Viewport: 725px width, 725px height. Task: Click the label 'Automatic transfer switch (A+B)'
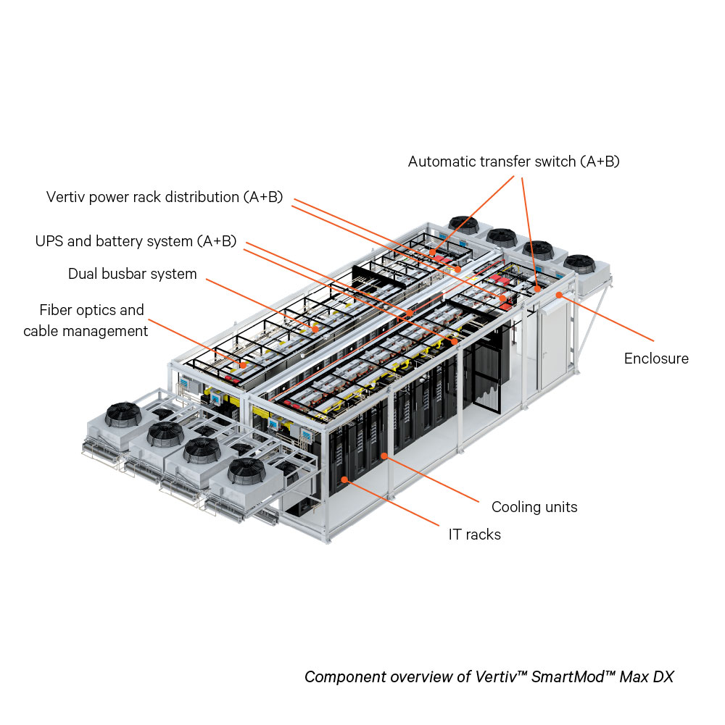coord(513,162)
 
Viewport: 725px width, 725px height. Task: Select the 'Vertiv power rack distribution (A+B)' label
coord(165,197)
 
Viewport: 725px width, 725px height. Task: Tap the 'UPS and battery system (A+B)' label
coord(136,241)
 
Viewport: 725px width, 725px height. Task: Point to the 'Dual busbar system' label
coord(133,274)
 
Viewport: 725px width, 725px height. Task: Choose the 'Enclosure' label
coord(656,359)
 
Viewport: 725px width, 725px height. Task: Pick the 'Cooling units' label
coord(534,507)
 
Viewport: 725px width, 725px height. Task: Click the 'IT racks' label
coord(474,535)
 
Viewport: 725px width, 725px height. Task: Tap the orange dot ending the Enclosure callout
coord(559,295)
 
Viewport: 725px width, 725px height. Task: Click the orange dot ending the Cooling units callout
coord(384,456)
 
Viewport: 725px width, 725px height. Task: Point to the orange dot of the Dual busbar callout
coord(315,328)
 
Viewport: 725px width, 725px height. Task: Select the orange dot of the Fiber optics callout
coord(244,366)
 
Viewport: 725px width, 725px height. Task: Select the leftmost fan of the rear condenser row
coord(465,224)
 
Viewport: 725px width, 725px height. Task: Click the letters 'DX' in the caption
coord(662,677)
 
